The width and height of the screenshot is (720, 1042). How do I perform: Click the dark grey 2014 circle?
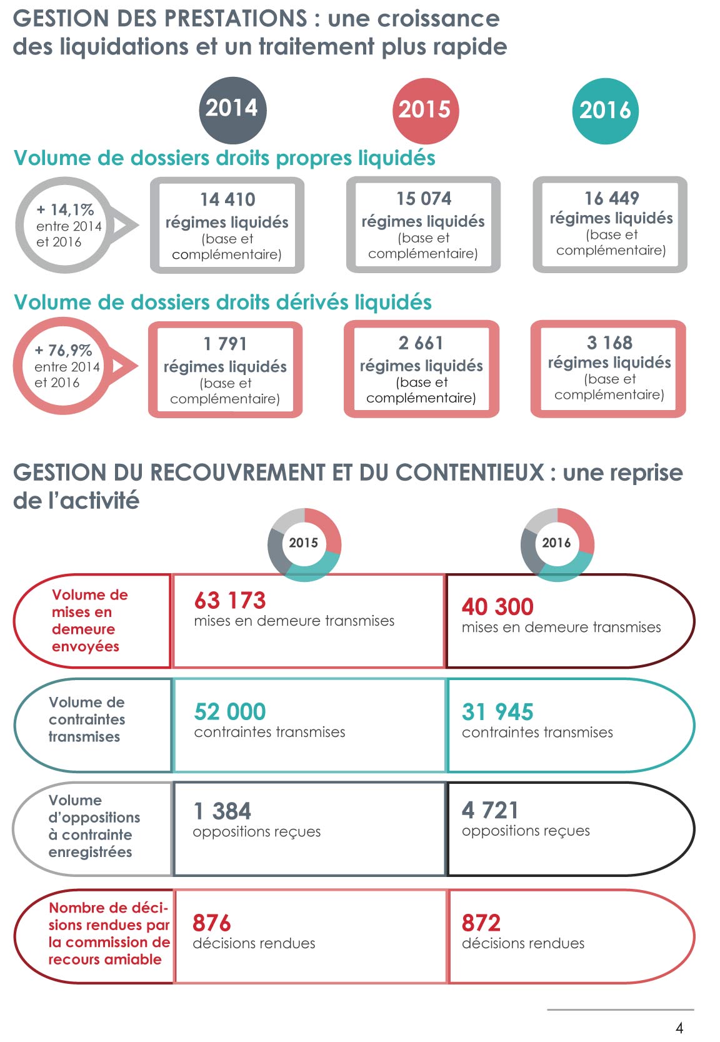click(232, 108)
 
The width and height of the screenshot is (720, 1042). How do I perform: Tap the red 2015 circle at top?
click(425, 110)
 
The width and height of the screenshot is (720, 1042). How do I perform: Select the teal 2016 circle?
click(605, 111)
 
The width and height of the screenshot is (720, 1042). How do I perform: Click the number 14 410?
click(227, 199)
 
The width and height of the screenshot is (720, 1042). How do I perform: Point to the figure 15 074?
click(424, 199)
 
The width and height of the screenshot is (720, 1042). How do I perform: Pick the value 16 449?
click(611, 198)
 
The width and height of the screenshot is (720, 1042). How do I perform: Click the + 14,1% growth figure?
click(65, 209)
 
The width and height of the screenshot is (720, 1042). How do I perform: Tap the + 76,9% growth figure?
click(63, 350)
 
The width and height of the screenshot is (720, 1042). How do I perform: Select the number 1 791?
click(225, 344)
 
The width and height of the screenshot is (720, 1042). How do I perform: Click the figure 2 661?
click(421, 343)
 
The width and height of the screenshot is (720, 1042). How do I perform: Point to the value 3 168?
click(609, 343)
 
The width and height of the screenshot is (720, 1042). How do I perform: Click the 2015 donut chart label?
click(304, 543)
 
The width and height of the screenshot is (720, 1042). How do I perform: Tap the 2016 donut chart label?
click(556, 543)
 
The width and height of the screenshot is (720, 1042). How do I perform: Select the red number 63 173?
click(230, 601)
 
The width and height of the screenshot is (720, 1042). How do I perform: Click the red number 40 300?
click(497, 607)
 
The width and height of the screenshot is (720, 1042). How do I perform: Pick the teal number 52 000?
click(230, 712)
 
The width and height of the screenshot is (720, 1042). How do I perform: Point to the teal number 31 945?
click(497, 712)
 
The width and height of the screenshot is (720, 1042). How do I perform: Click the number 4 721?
click(490, 811)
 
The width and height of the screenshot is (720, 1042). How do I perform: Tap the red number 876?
click(212, 923)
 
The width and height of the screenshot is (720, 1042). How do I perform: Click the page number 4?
click(679, 1028)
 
